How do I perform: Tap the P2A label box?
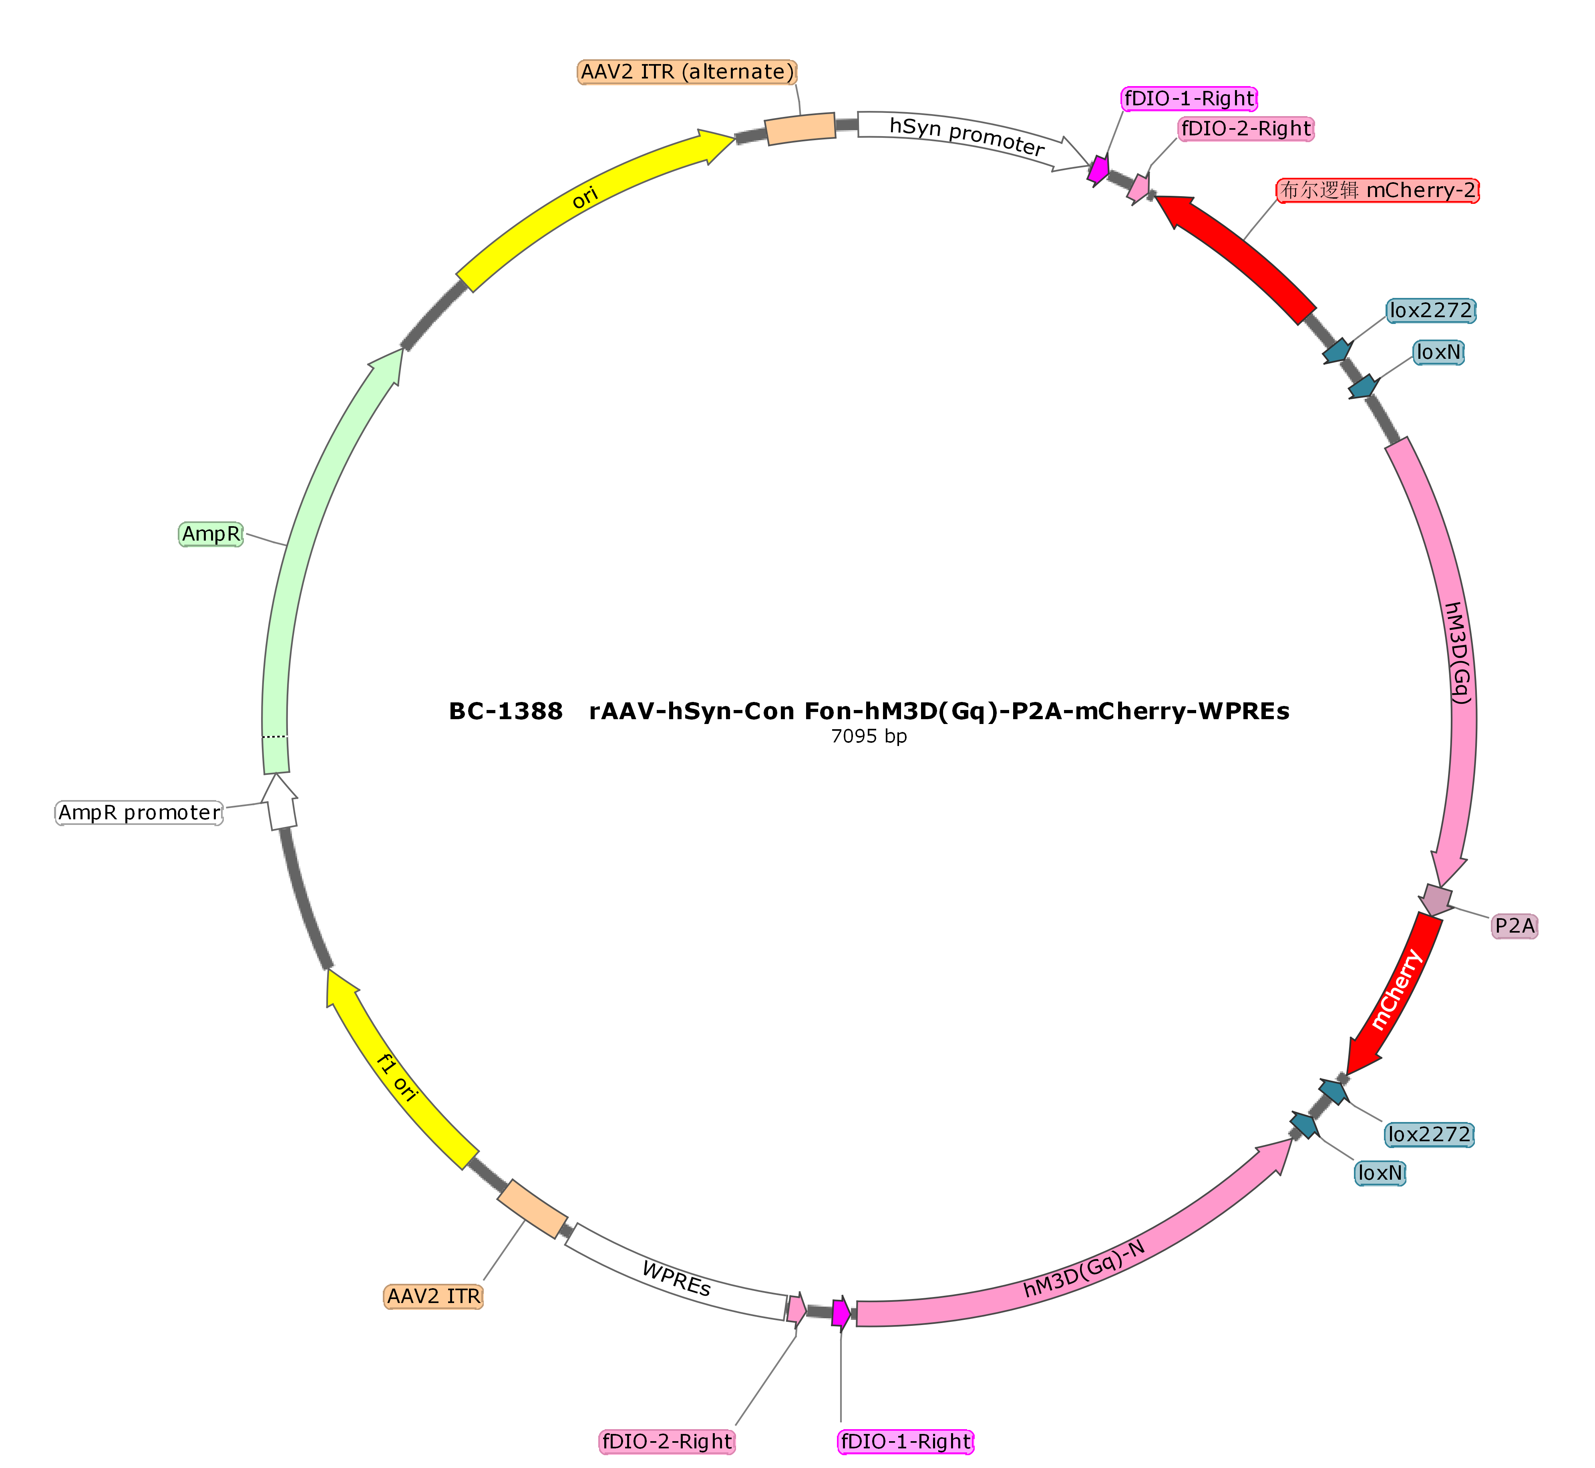1515,925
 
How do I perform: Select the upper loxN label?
1438,352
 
